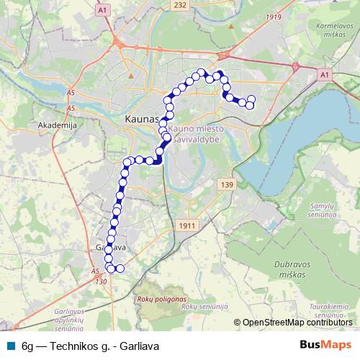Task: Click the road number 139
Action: coord(228,185)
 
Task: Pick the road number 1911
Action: coord(187,225)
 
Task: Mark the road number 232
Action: coord(179,5)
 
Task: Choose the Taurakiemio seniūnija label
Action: coord(330,310)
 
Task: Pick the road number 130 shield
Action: coord(99,281)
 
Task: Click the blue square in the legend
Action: coord(10,346)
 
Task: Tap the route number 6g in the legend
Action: coord(28,346)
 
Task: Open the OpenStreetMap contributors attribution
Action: coord(297,323)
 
